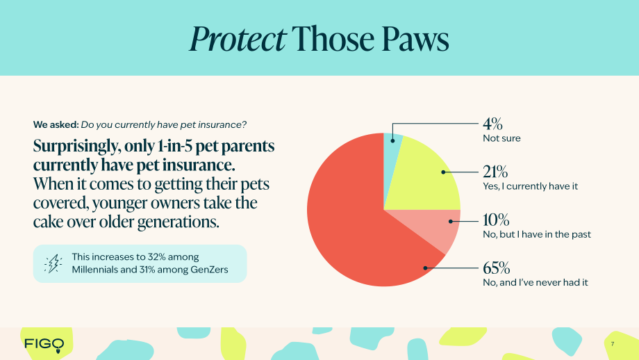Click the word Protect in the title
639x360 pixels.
(238, 40)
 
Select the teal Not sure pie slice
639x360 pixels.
(392, 147)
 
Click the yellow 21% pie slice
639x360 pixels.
(424, 179)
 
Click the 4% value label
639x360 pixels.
(492, 124)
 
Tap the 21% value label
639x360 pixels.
(495, 172)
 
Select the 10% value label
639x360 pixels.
(496, 220)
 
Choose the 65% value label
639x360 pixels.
(497, 268)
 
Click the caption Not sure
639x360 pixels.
(501, 138)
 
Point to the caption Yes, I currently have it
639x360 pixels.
(530, 186)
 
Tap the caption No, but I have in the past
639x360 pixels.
(537, 234)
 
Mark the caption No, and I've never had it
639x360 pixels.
(536, 283)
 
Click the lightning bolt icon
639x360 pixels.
(53, 263)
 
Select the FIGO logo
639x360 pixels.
(44, 345)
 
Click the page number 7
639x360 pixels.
(613, 344)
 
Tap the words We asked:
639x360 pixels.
(56, 125)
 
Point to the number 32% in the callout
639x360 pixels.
(156, 257)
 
